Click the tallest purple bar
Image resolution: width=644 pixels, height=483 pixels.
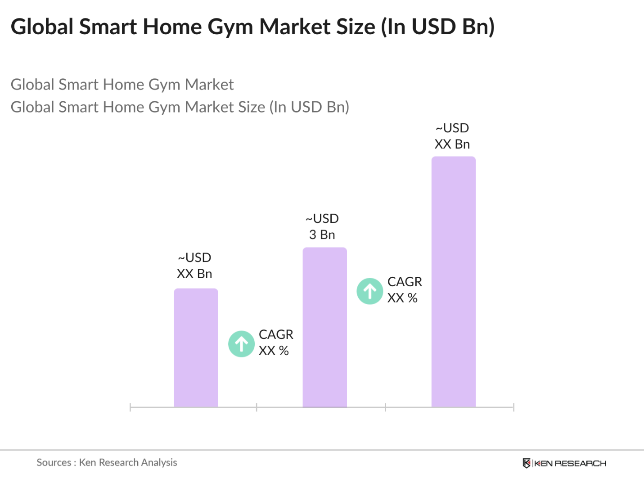(453, 281)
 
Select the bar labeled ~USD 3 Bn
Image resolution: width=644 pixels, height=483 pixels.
(324, 327)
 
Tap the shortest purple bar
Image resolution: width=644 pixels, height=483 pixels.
(196, 348)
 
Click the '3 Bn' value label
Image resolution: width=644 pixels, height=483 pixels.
(322, 235)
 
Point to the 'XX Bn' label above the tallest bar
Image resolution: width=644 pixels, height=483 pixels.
(452, 144)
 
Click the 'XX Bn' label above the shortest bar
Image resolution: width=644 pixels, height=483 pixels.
(194, 274)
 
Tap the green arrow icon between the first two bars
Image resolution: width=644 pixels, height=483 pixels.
(241, 344)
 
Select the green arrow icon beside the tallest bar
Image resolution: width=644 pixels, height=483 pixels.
(369, 291)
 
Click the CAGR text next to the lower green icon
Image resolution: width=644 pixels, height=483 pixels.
(276, 334)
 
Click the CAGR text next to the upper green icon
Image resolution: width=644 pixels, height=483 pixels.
(405, 282)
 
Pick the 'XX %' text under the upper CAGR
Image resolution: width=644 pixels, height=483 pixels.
(402, 298)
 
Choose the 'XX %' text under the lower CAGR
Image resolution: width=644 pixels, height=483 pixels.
(274, 351)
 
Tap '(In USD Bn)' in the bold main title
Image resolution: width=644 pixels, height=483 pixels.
(438, 27)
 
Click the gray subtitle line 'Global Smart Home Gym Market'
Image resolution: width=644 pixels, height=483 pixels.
(122, 85)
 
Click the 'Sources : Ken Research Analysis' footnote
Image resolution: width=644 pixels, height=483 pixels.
(107, 462)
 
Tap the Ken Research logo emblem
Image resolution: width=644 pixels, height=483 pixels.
(526, 463)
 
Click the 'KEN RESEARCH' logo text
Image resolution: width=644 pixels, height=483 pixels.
(570, 464)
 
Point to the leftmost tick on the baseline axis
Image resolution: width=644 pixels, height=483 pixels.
(130, 407)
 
